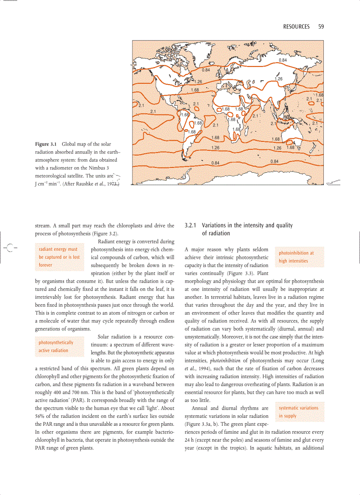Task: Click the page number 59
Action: point(321,27)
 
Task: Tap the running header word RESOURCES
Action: point(296,27)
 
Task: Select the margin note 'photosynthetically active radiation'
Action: point(56,346)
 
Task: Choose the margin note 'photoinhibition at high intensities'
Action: point(296,257)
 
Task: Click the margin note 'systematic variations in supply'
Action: point(298,412)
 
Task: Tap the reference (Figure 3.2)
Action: point(105,234)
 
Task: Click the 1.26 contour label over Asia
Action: point(278,79)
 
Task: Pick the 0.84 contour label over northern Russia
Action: point(283,60)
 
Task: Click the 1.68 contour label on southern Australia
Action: point(291,147)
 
